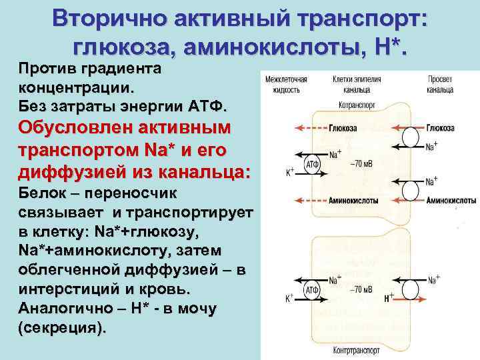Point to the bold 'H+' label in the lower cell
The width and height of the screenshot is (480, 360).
(389, 299)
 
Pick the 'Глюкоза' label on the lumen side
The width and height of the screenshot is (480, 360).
(441, 127)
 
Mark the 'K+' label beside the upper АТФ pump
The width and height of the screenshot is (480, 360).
(290, 172)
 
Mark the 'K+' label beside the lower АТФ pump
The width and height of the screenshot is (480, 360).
(290, 299)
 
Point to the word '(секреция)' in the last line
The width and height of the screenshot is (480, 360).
(62, 329)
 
